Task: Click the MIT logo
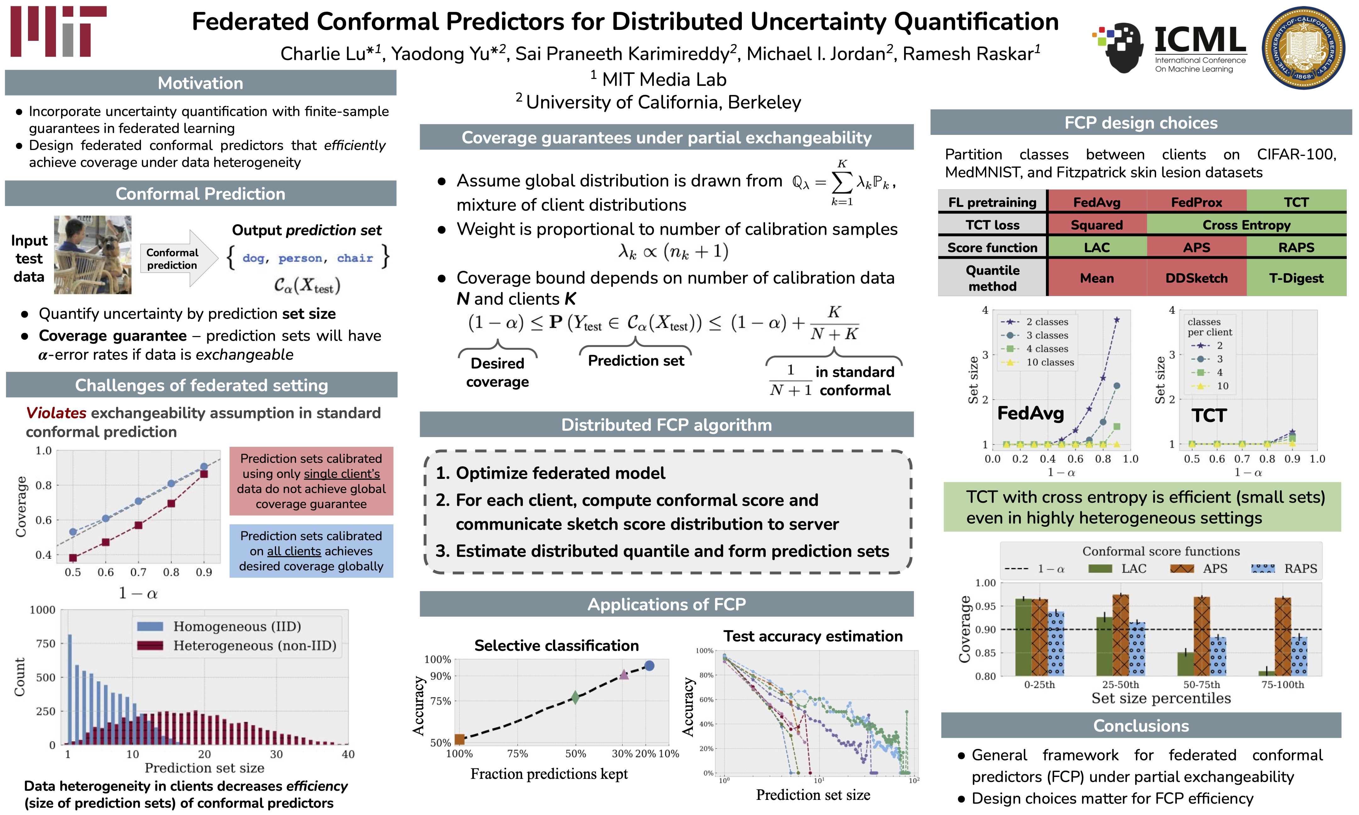(58, 31)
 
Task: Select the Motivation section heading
(200, 83)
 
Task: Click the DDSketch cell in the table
(1196, 279)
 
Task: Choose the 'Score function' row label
(992, 248)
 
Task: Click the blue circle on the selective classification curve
(649, 666)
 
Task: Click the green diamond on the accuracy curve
(575, 697)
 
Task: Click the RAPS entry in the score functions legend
(1285, 568)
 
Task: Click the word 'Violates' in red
(56, 413)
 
